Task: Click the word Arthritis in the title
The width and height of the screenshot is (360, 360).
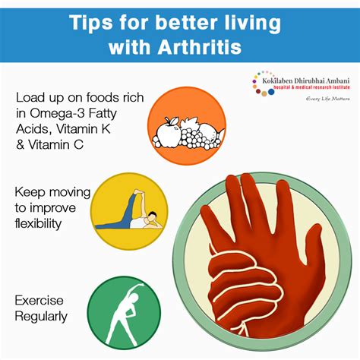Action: (200, 46)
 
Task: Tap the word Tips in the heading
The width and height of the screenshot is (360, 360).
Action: (91, 23)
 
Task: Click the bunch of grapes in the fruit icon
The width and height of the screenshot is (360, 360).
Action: (197, 138)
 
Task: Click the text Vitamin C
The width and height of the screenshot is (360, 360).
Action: (56, 145)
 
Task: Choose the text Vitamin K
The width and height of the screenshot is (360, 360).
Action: (84, 129)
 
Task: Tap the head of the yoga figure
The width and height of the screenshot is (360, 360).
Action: (152, 216)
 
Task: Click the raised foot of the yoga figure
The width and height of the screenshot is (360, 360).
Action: (138, 192)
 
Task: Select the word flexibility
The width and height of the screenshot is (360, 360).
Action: (38, 223)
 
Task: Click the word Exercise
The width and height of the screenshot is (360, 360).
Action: (39, 301)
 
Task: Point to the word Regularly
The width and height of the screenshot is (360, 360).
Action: (41, 317)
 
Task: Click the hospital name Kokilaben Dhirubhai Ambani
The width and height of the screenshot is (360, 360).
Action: (306, 81)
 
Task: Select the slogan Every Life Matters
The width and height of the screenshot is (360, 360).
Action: (328, 99)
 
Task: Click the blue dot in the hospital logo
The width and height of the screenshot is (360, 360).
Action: (271, 92)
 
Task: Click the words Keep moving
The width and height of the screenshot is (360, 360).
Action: (52, 193)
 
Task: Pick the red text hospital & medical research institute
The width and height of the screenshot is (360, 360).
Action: (312, 87)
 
